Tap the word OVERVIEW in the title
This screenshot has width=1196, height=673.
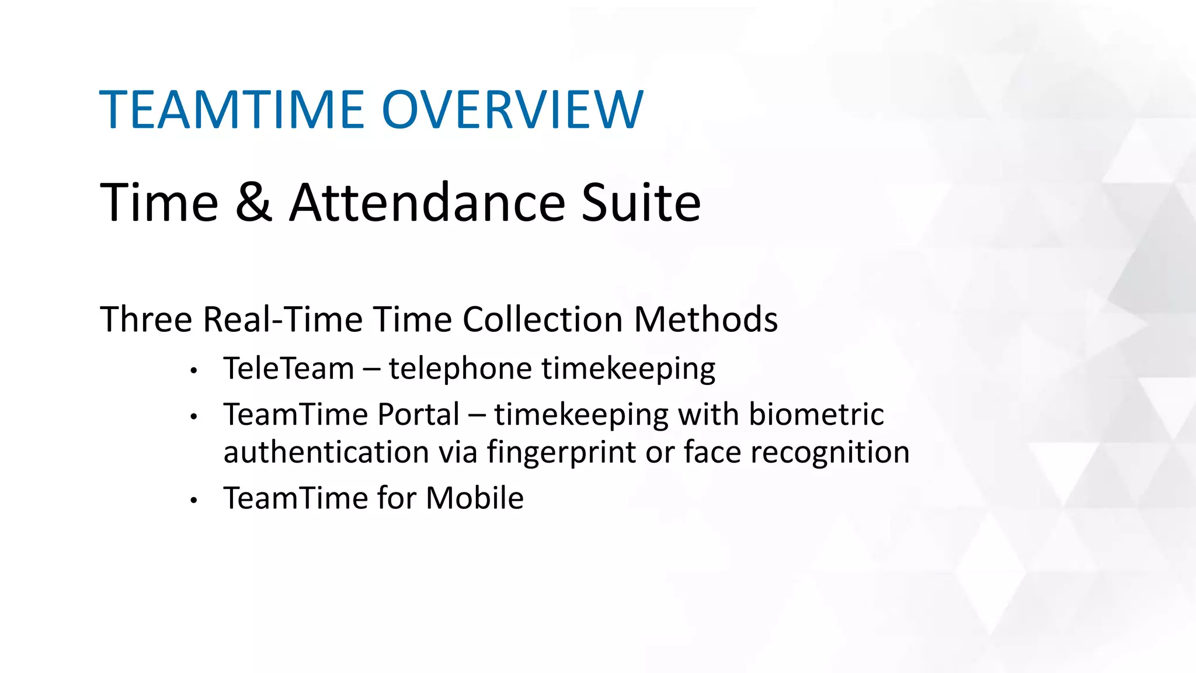coord(512,110)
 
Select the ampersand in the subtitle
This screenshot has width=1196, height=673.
coord(253,202)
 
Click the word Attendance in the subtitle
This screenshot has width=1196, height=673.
coord(427,202)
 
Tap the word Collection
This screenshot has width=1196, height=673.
coord(543,320)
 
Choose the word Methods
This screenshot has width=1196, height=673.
coord(705,320)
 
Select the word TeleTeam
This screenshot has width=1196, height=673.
coord(288,369)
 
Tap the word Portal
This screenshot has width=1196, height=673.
coord(418,415)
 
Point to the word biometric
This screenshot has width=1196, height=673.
coord(816,415)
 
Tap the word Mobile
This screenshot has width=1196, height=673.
coord(474,498)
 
